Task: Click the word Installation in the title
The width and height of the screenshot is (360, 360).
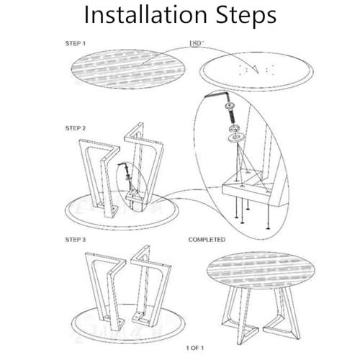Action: pyautogui.click(x=145, y=14)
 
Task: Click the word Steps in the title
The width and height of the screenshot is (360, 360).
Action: pyautogui.click(x=246, y=16)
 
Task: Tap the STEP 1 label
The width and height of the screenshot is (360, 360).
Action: pyautogui.click(x=76, y=43)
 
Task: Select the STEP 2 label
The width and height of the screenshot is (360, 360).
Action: pyautogui.click(x=76, y=128)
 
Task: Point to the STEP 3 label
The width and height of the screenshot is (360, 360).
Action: pyautogui.click(x=76, y=240)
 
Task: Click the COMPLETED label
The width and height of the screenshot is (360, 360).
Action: pyautogui.click(x=207, y=240)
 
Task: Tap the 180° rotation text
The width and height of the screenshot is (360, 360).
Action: pyautogui.click(x=196, y=43)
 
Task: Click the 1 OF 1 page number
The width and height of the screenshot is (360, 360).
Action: pyautogui.click(x=195, y=348)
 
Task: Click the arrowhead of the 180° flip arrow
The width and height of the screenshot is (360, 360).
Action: pyautogui.click(x=255, y=69)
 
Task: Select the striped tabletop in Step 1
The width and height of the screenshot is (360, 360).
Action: pyautogui.click(x=128, y=69)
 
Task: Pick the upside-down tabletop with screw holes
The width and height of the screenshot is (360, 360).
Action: pyautogui.click(x=257, y=71)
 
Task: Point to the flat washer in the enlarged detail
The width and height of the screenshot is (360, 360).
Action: pyautogui.click(x=235, y=138)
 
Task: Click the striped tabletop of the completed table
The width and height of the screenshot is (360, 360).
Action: pyautogui.click(x=261, y=270)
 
